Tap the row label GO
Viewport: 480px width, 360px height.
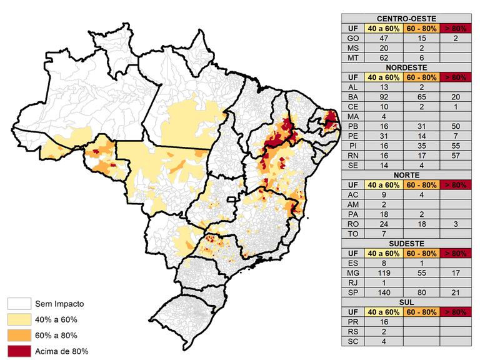353,38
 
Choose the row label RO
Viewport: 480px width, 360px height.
353,223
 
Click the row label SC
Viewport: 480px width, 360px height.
353,341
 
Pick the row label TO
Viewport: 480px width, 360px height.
353,233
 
